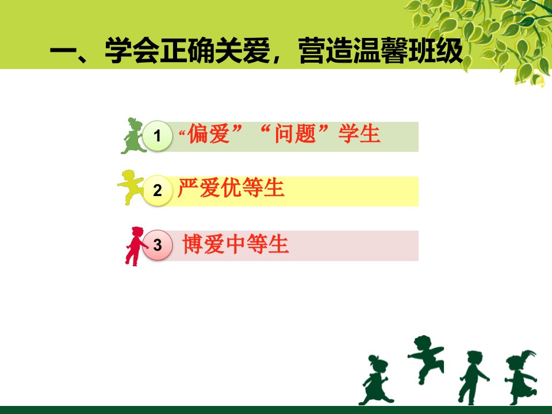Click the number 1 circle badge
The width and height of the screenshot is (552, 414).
158,136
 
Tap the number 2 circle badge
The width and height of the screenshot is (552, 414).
158,190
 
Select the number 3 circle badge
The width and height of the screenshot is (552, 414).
158,245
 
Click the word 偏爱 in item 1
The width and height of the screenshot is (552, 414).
209,134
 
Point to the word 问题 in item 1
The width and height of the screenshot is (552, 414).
296,134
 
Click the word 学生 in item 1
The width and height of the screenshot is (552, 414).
359,134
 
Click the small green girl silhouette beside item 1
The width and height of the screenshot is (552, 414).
133,136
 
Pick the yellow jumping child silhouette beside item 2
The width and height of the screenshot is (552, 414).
131,187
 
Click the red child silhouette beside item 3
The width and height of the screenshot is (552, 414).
136,246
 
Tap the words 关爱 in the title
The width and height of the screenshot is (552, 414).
243,51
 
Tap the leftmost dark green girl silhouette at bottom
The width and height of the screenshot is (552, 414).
375,380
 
